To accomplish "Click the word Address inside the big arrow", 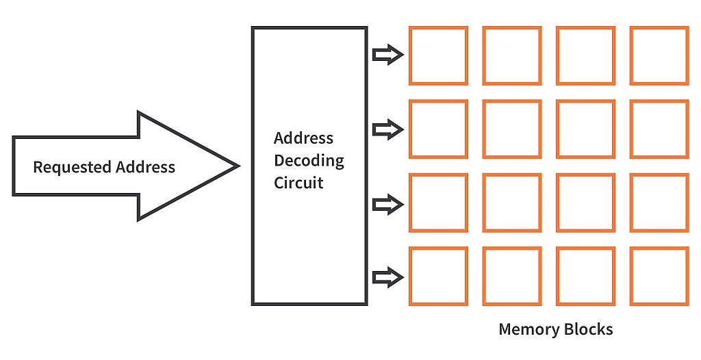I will (x=145, y=167).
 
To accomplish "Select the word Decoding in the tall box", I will (x=309, y=162).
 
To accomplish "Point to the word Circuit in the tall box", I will (x=298, y=183).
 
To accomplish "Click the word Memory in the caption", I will (x=527, y=330).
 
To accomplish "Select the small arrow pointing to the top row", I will (x=388, y=55).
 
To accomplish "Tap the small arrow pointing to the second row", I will (x=388, y=129).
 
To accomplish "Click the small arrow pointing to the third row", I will (x=388, y=203).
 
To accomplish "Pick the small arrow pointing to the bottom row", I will (x=388, y=277).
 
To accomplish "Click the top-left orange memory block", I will (x=438, y=55).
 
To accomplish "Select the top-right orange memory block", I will (x=659, y=55).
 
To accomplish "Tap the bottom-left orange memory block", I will (x=438, y=277).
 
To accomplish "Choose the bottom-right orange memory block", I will (x=659, y=277).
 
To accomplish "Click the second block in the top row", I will (x=511, y=55).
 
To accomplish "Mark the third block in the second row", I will (x=585, y=129).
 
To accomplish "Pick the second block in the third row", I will (x=511, y=203).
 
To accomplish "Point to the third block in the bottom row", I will (x=585, y=277).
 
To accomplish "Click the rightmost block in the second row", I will (x=659, y=129).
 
